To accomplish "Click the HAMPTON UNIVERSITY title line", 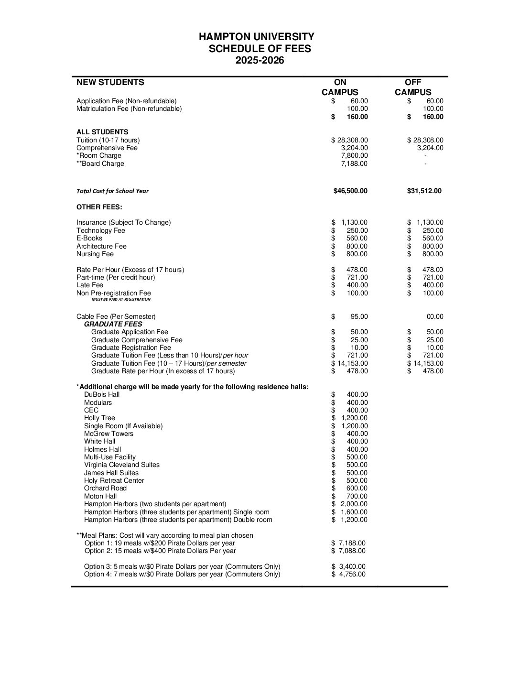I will click(256, 37).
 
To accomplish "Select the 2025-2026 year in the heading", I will click(260, 60).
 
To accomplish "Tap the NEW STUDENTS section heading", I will click(110, 82).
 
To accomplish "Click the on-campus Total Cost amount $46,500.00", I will click(350, 191).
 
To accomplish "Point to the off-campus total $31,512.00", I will click(424, 191).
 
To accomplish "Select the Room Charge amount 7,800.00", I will click(354, 155).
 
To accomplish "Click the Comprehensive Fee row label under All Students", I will click(107, 148).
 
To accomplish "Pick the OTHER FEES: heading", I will click(99, 207).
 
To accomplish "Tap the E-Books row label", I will click(89, 238).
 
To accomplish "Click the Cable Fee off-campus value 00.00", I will click(435, 316).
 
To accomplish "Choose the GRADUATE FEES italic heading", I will click(113, 324).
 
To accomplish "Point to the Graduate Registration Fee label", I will click(131, 347).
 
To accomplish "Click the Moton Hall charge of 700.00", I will click(357, 496).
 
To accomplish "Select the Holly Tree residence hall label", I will click(99, 418).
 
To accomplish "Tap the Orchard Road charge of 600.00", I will click(357, 488).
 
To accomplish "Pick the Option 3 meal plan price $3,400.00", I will click(349, 566).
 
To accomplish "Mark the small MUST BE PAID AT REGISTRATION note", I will click(121, 300).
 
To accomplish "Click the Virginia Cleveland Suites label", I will click(122, 465).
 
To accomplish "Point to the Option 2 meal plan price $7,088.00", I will click(349, 551).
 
